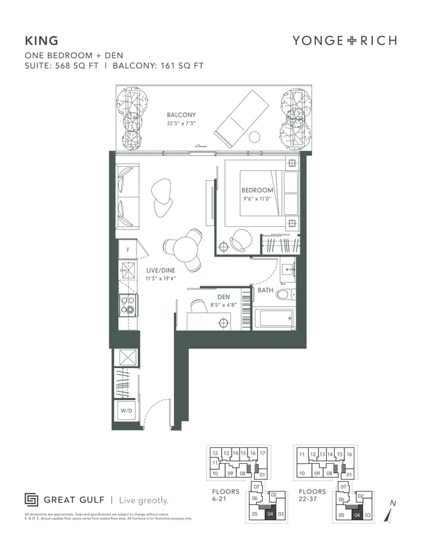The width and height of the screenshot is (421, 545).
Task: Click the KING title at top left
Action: tap(41, 41)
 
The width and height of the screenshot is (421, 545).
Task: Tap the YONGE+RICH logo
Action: tap(344, 41)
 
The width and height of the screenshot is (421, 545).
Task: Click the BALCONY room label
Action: tap(181, 115)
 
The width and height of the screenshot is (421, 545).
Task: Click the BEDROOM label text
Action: tap(257, 191)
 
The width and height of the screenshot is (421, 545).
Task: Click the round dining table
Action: tap(185, 248)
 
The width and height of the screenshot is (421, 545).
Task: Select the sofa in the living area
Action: tap(127, 196)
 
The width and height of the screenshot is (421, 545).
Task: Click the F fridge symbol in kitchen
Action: tap(127, 249)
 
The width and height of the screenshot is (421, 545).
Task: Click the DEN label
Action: tap(223, 297)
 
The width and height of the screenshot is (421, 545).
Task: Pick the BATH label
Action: tap(265, 290)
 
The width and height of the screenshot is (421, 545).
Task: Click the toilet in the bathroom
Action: tap(284, 294)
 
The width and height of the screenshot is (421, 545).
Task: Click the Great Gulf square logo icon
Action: tap(31, 499)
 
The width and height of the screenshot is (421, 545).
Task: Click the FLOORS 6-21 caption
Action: tap(226, 496)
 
